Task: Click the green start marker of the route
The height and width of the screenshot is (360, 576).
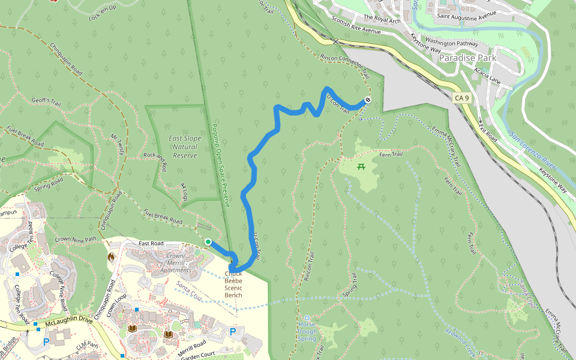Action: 208,242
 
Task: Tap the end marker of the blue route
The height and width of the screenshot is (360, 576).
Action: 367,100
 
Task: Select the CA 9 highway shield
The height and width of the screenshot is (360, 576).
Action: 461,98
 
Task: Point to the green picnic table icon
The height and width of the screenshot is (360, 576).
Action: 361,167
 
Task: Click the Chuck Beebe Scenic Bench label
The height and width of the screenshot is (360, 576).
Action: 233,284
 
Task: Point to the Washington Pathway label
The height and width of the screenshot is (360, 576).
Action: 449,43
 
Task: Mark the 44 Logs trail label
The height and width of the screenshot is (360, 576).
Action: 184,193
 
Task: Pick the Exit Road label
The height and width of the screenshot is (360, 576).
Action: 488,130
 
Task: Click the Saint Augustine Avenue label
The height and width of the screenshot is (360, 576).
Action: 466,15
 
